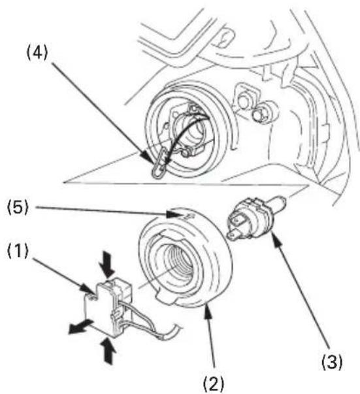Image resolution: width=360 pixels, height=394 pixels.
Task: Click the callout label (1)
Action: [18, 252]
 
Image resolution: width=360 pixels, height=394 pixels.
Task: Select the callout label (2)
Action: [213, 384]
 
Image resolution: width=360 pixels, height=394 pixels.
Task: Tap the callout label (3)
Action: [332, 362]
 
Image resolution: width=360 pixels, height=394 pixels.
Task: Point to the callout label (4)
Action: [37, 53]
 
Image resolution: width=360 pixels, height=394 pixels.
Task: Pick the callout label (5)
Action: [18, 208]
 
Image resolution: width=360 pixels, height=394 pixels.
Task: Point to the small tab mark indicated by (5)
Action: [189, 216]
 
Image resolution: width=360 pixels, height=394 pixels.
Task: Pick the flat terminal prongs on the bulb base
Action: [236, 227]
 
